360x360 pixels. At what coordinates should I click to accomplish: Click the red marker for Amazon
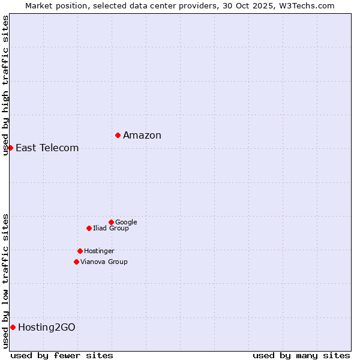point(118,135)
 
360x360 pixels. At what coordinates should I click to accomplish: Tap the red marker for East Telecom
point(10,148)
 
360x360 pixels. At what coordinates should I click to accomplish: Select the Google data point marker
point(111,222)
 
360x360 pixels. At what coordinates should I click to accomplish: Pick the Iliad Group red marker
point(89,228)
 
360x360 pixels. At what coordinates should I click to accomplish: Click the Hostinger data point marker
point(80,251)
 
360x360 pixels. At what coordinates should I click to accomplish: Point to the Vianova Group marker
point(76,262)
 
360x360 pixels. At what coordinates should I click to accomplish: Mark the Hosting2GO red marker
point(13,327)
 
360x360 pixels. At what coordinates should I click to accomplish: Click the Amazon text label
point(142,135)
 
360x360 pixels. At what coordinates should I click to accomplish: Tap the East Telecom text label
point(47,148)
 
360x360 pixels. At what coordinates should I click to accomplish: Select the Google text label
point(126,222)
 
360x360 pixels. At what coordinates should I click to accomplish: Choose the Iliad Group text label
point(111,228)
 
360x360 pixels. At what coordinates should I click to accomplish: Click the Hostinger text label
point(99,251)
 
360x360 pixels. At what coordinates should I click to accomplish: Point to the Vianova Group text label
point(104,262)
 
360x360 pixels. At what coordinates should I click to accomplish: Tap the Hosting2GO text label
point(47,327)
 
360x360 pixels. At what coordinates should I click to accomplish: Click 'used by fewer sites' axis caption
point(62,355)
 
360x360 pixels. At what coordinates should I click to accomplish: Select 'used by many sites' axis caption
point(301,355)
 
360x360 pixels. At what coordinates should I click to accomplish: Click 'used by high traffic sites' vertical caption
point(5,85)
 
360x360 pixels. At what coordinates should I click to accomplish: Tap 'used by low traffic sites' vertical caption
point(5,281)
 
